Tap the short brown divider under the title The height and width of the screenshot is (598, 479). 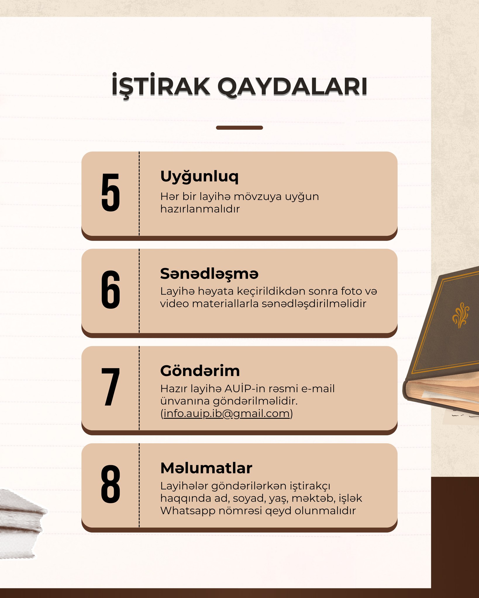coord(239,128)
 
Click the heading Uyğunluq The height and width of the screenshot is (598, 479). coord(199,177)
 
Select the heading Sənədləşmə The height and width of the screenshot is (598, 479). coord(209,274)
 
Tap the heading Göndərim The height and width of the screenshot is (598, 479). coord(200,371)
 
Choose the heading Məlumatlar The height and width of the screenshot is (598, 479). coord(206,468)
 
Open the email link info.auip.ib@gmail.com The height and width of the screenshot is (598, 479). coord(227,413)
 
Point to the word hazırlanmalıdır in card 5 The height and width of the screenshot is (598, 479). coord(200,209)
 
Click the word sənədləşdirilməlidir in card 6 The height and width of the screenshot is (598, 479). coord(314,304)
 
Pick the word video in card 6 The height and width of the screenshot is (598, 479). coord(174,304)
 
